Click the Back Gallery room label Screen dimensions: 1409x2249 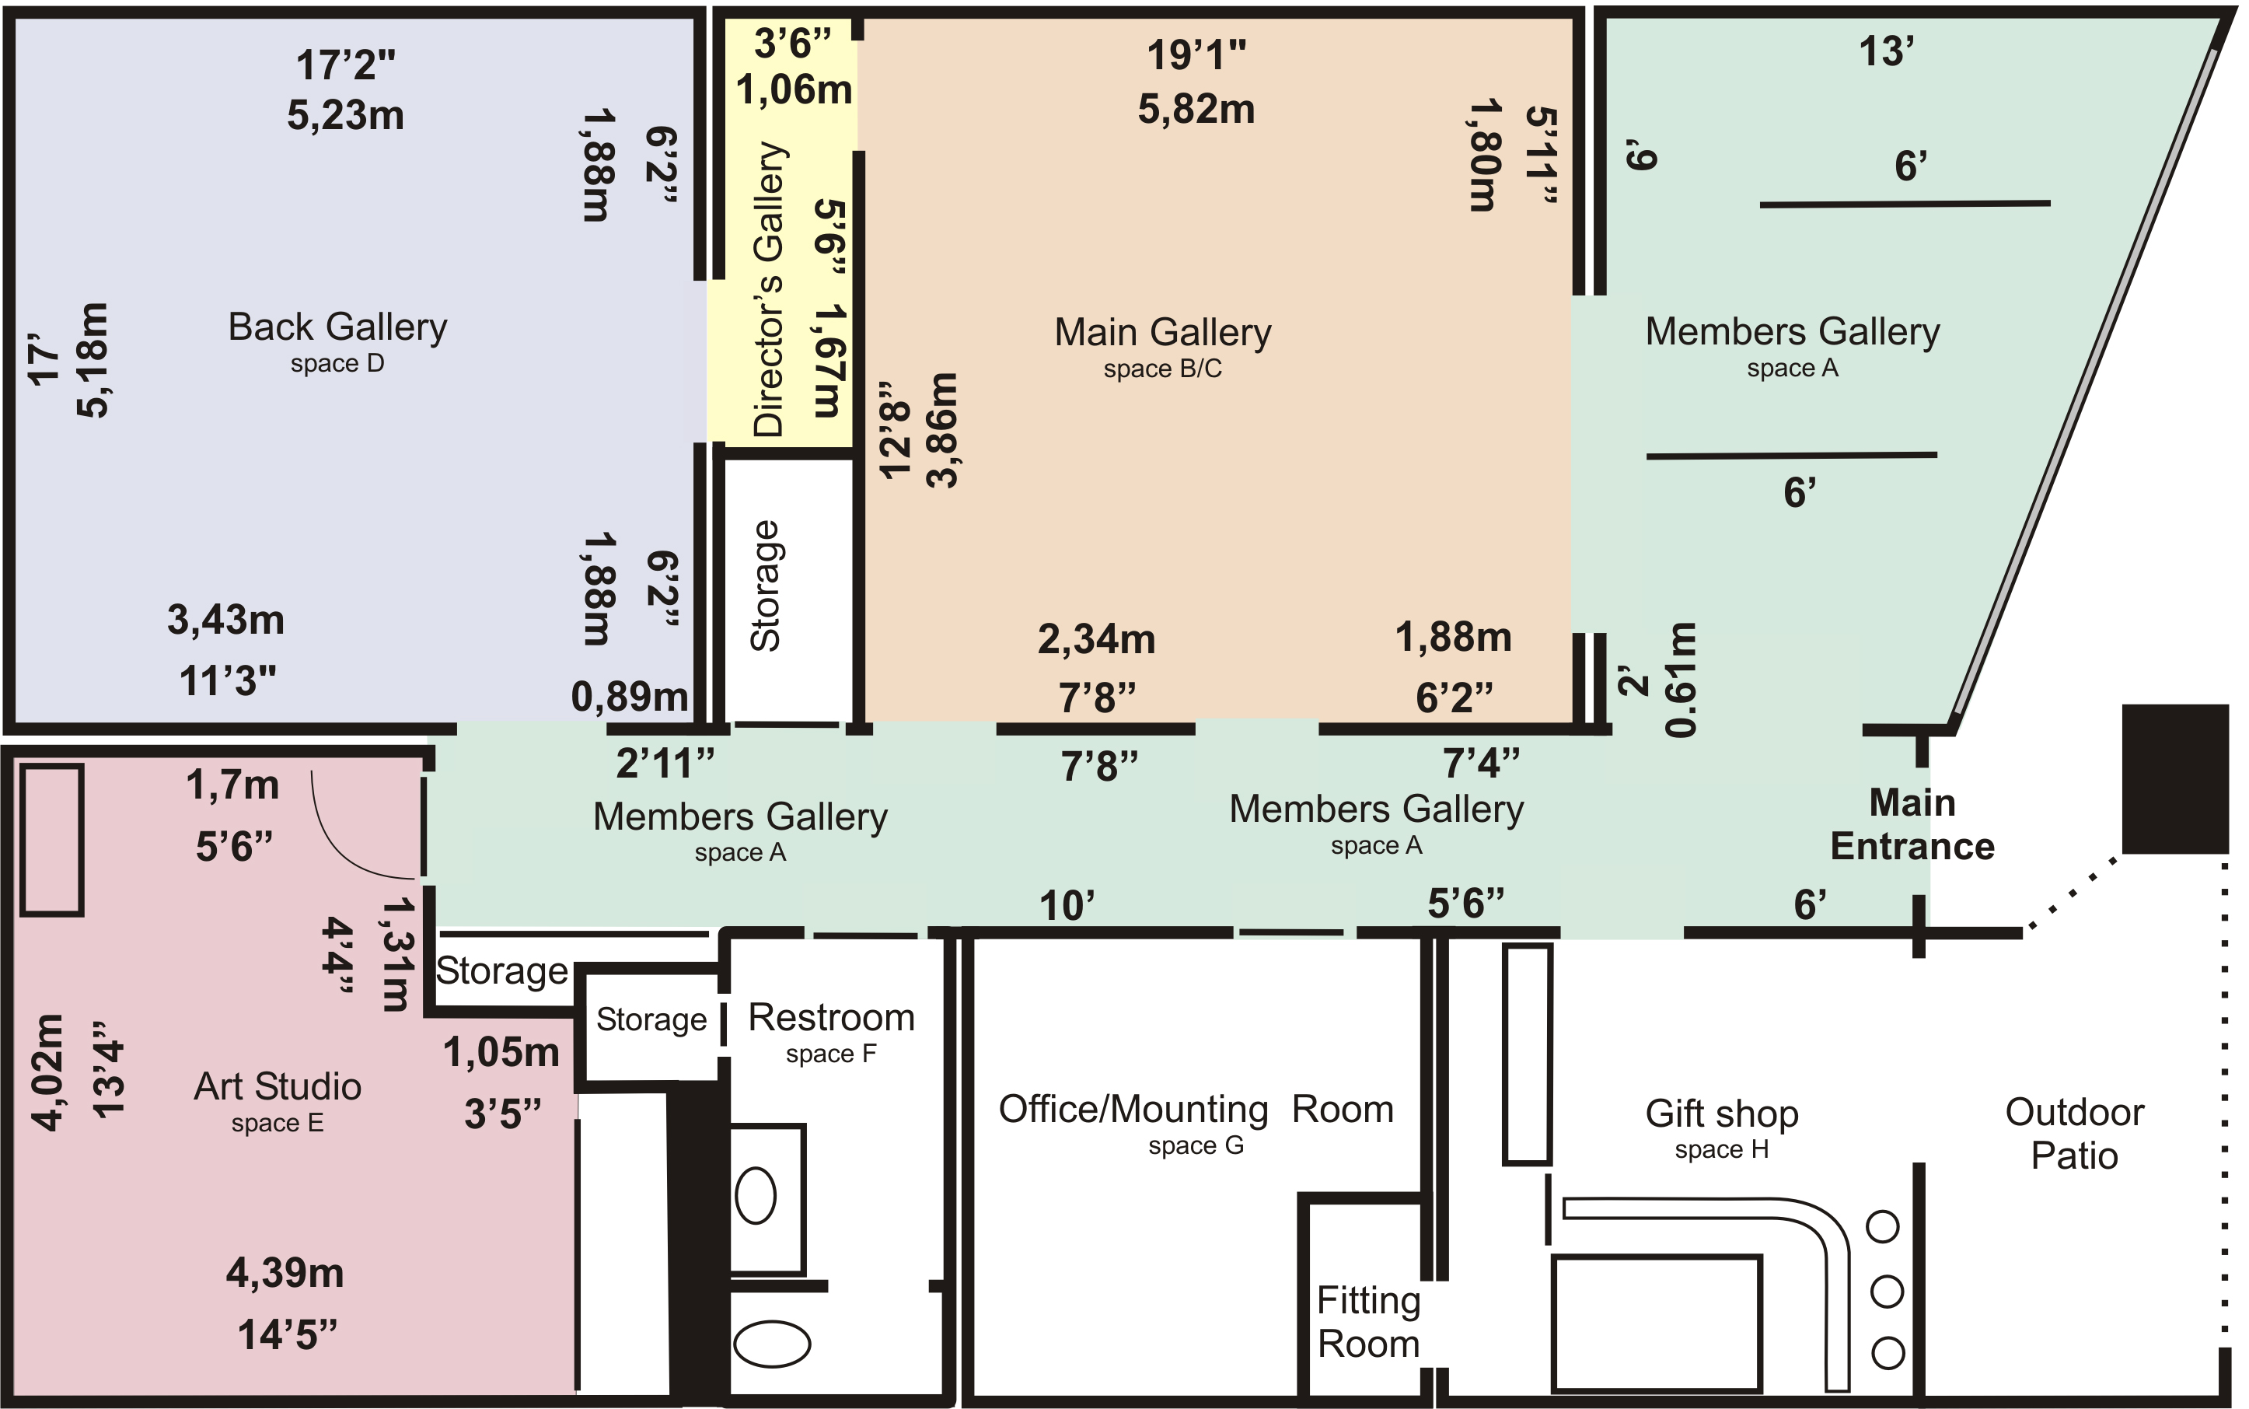(x=337, y=328)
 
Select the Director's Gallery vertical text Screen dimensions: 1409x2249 (x=770, y=290)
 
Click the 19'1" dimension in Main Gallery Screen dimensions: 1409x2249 (x=1196, y=56)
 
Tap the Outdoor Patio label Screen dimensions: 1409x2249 (x=2074, y=1133)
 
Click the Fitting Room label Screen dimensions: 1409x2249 (x=1367, y=1321)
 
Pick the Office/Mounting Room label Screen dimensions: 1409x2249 (x=1196, y=1110)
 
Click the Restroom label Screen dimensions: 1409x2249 (x=831, y=1018)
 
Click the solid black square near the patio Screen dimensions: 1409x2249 (x=2174, y=778)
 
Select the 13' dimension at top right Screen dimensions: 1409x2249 (x=1886, y=51)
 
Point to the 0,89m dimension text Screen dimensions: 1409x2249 (x=629, y=697)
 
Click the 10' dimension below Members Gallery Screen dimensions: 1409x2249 (x=1066, y=906)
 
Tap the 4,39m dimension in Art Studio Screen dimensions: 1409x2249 (x=285, y=1273)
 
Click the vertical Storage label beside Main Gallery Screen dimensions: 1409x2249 (x=766, y=586)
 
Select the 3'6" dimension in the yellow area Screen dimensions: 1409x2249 (x=792, y=44)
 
